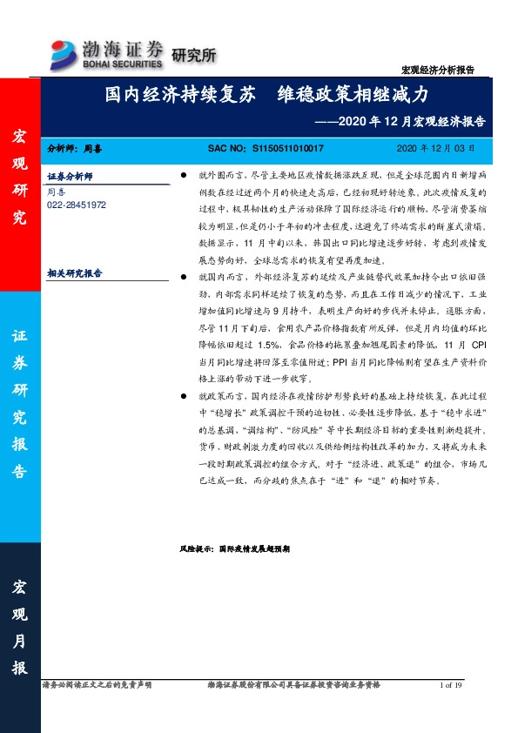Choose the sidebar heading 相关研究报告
74,273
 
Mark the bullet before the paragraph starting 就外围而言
183,175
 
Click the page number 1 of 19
453,686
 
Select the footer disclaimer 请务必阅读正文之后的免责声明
97,686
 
